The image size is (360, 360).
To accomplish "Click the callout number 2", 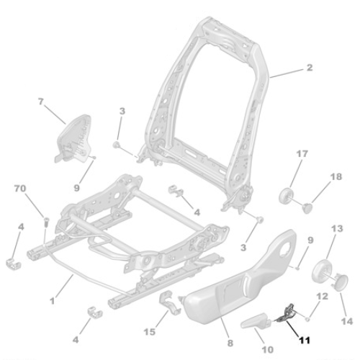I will pos(310,68).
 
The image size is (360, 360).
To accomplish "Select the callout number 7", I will pos(40,102).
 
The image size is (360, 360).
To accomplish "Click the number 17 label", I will pos(302,153).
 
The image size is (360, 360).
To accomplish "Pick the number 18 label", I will pos(337,177).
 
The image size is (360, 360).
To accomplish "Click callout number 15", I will pos(150,332).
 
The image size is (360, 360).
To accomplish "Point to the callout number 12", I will pos(323,296).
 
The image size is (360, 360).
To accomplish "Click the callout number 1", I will pos(51,298).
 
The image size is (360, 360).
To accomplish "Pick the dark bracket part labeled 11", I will pos(286,314).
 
